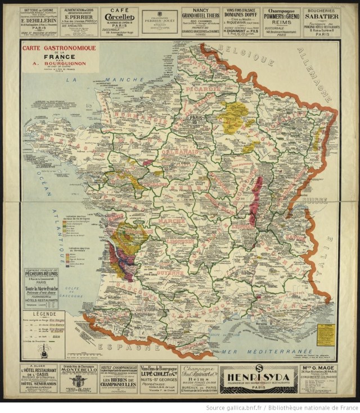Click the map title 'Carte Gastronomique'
pyautogui.click(x=58, y=48)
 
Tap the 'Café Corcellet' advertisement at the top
pyautogui.click(x=119, y=21)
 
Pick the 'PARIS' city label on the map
pyautogui.click(x=196, y=118)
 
